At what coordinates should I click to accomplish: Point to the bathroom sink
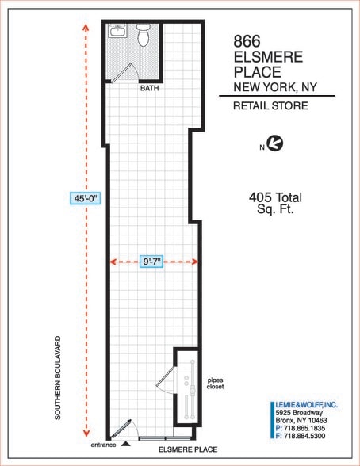pos(117,32)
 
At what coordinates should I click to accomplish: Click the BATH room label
pos(149,89)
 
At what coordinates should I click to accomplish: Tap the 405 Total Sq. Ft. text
pos(275,204)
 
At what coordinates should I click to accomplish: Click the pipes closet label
pos(215,382)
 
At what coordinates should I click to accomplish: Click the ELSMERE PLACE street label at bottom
pos(187,449)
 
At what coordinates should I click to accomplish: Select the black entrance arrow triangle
pos(125,444)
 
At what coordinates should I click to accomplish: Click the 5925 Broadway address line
pos(298,412)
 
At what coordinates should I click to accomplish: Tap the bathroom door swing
pos(121,72)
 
